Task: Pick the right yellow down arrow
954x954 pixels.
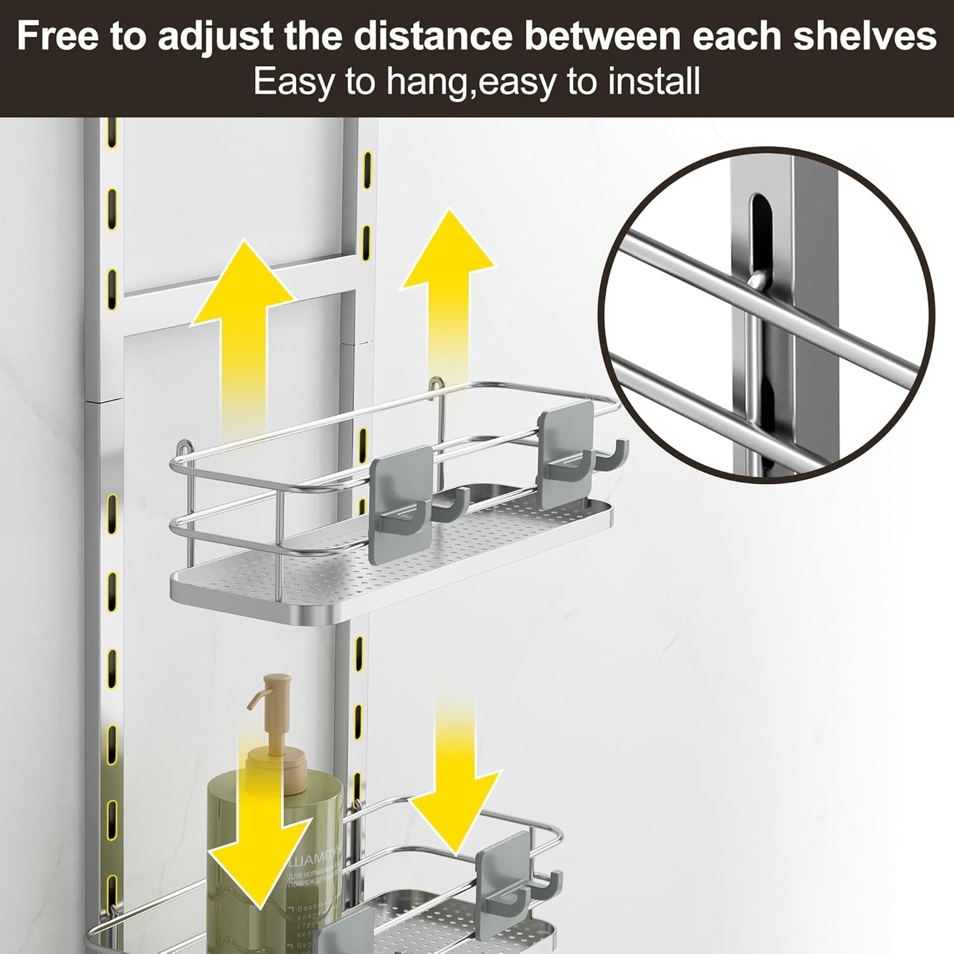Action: coord(454,759)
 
